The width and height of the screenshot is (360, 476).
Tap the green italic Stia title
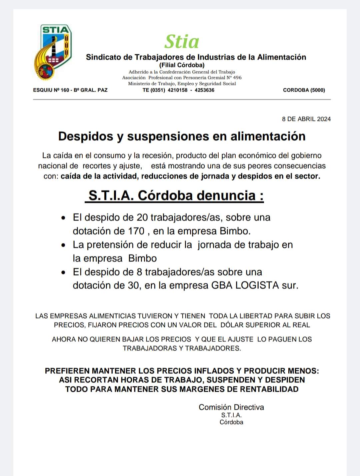[x=182, y=42]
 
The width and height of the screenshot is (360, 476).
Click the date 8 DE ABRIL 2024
[x=306, y=119]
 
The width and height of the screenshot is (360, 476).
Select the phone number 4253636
[x=204, y=90]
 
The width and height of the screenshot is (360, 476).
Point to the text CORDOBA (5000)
[x=304, y=90]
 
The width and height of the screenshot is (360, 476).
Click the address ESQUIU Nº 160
[x=51, y=90]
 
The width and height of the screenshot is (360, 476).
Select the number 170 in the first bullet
[x=136, y=231]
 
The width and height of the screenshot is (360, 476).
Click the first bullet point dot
[x=64, y=218]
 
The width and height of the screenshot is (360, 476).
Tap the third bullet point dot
[x=64, y=273]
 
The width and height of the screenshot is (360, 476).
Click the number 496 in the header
[x=237, y=78]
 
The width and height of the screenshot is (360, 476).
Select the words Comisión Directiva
[x=231, y=407]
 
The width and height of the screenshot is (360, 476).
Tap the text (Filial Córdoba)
[x=182, y=65]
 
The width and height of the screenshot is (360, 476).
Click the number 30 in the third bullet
[x=133, y=285]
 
